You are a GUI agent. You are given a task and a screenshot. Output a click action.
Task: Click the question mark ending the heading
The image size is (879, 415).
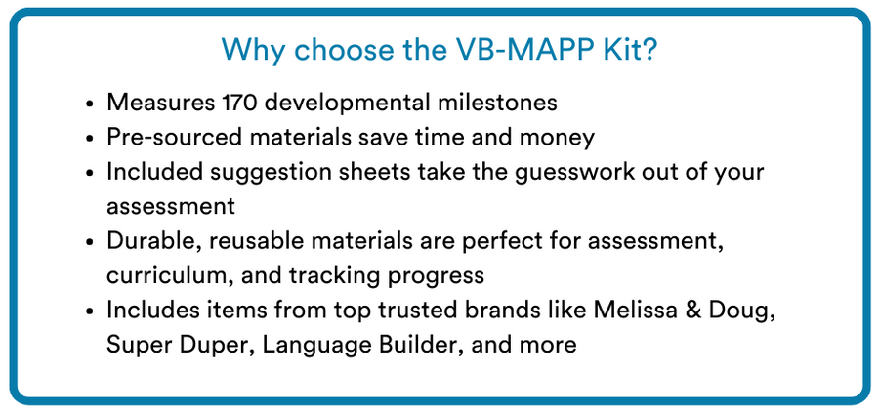[x=649, y=49]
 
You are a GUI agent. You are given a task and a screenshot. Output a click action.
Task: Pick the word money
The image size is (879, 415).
[x=560, y=137]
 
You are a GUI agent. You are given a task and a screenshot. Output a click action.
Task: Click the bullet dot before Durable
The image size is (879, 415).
[x=90, y=241]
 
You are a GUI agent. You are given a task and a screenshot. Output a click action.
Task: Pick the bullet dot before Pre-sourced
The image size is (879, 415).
[x=90, y=138]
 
